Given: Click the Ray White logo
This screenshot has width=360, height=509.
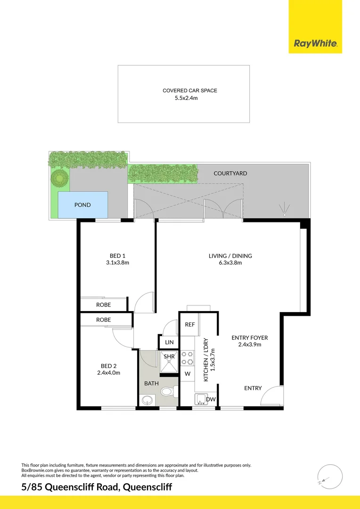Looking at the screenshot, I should pos(315,43).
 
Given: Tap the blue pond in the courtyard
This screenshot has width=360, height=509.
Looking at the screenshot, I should pos(82,205).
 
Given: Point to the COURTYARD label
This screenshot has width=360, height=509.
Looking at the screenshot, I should pos(230,173).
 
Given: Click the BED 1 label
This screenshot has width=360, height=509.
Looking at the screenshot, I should pos(117,256).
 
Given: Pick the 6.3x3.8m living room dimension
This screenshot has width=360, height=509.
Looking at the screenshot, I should pos(230,263).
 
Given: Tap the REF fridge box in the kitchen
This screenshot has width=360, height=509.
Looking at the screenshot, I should pos(190,324).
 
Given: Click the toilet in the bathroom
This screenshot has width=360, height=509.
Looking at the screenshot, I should pos(168,392).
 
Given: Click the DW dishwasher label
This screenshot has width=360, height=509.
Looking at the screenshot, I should pos(211,400).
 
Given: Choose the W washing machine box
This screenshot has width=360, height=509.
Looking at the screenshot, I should pos(187,374).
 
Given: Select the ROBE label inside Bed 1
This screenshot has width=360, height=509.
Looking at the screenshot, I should pos(103,305).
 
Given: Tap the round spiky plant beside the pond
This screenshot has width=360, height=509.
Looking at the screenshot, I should pos(59,179).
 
